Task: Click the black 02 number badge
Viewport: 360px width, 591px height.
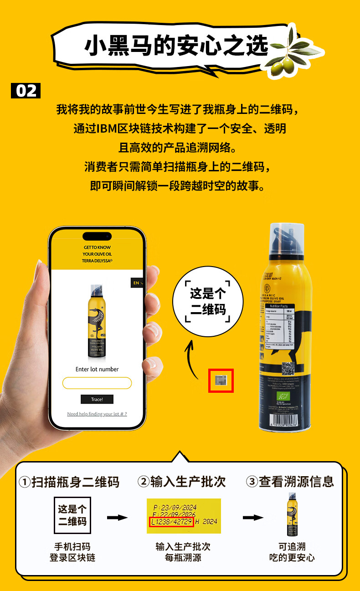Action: (x=26, y=91)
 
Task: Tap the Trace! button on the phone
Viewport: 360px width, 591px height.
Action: (x=97, y=399)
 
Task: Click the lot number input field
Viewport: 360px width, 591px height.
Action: (x=97, y=383)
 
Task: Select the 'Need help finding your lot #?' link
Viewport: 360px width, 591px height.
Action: (x=97, y=414)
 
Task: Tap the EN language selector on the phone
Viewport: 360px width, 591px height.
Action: (x=137, y=283)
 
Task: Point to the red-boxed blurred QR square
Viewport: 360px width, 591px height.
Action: (x=221, y=380)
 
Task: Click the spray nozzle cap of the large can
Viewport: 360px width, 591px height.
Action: (x=287, y=239)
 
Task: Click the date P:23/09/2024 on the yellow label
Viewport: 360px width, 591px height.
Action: (x=175, y=507)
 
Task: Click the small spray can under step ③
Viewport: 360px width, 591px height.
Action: (x=293, y=514)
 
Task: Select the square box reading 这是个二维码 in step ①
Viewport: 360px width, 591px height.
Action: (x=72, y=515)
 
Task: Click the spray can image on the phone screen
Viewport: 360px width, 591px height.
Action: (x=96, y=321)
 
